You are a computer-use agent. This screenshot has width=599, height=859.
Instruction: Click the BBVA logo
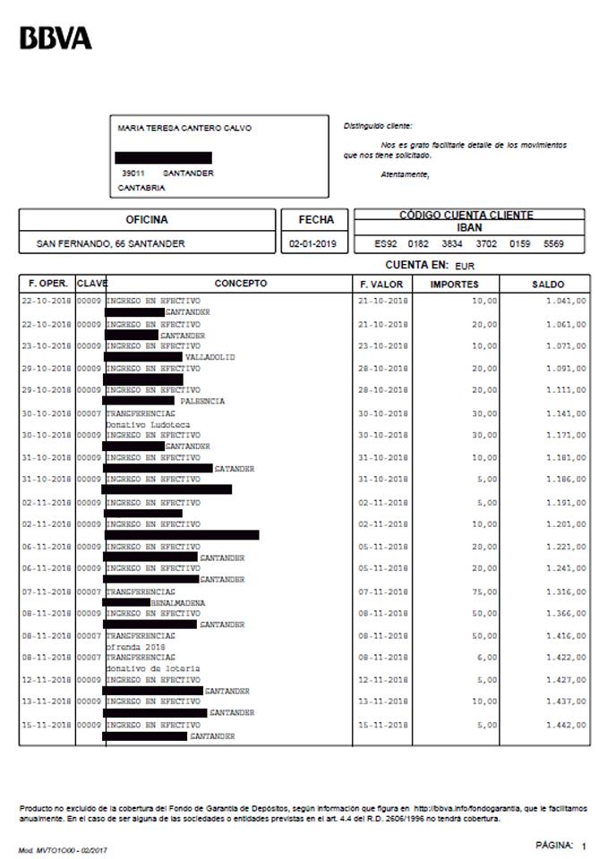[56, 38]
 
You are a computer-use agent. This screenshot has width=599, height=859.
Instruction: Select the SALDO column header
[548, 284]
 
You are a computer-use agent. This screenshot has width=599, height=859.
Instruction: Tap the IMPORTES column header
[454, 284]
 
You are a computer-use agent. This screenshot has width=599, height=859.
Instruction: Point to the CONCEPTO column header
[240, 284]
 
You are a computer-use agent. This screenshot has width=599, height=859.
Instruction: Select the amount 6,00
[485, 658]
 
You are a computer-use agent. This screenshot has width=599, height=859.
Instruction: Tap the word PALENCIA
[202, 402]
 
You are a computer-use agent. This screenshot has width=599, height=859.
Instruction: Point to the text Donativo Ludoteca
[140, 424]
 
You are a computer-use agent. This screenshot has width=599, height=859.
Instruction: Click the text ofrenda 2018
[134, 646]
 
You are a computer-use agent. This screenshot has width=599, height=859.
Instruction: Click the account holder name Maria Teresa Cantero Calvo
[184, 128]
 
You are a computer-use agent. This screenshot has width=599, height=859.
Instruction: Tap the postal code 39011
[133, 173]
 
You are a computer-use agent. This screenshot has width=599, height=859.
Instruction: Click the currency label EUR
[465, 267]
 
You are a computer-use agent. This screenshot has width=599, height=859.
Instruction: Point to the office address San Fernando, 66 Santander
[110, 243]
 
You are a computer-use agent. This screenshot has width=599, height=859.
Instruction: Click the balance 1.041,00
[566, 301]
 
